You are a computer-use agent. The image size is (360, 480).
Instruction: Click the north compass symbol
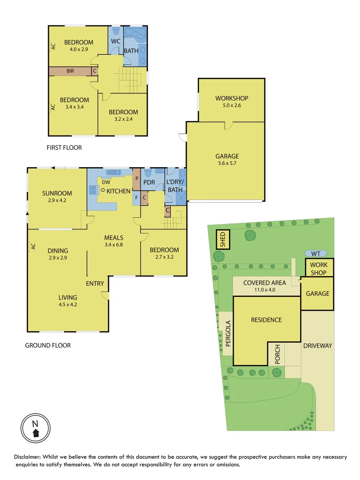click(x=36, y=427)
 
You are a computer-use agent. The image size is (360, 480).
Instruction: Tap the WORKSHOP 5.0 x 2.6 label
click(x=232, y=102)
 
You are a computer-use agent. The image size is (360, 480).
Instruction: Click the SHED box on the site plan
click(x=223, y=240)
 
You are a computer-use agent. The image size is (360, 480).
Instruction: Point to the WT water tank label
click(x=316, y=253)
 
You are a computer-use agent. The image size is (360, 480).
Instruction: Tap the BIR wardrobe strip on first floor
click(x=70, y=71)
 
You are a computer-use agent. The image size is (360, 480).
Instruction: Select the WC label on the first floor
click(x=116, y=41)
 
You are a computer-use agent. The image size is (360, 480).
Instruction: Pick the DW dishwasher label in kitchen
click(x=106, y=182)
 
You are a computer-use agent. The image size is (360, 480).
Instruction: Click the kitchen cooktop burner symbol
click(x=93, y=190)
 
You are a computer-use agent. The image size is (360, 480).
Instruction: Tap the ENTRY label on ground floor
click(x=95, y=284)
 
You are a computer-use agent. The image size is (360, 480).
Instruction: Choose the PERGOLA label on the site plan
click(x=228, y=333)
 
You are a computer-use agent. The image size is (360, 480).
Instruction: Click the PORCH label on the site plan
click(x=278, y=355)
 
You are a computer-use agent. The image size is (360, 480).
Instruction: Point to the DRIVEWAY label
click(x=317, y=346)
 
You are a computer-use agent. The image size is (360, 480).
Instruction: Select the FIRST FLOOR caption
click(x=64, y=148)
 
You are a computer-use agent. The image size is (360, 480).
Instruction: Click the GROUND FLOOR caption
click(x=48, y=345)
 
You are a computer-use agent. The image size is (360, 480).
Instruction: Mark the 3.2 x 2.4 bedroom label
click(x=124, y=116)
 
